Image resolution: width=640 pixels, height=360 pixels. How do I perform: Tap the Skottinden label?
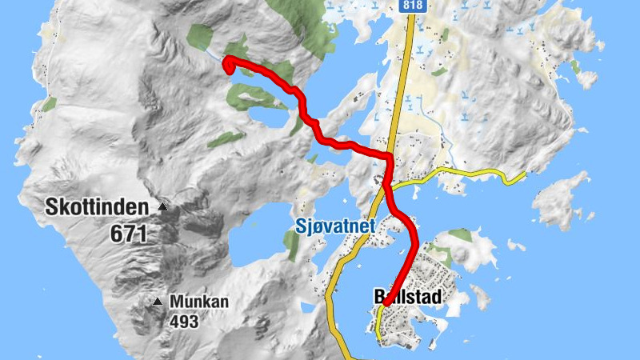point(96,208)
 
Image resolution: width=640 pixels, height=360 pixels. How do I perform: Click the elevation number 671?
point(130,234)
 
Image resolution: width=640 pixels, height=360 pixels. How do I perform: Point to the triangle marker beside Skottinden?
point(163,206)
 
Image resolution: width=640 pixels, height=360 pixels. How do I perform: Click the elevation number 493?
point(183,322)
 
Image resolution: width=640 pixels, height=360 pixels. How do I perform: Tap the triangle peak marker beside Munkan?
point(158,302)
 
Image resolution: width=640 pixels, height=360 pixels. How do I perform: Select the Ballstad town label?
point(408,297)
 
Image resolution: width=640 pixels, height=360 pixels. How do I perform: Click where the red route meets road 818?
point(388,156)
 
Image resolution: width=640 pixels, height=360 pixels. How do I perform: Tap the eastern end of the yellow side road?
point(523,174)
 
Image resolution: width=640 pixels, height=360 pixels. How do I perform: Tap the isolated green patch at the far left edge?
point(50,104)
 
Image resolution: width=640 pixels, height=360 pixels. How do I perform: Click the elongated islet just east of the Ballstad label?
point(481,297)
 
